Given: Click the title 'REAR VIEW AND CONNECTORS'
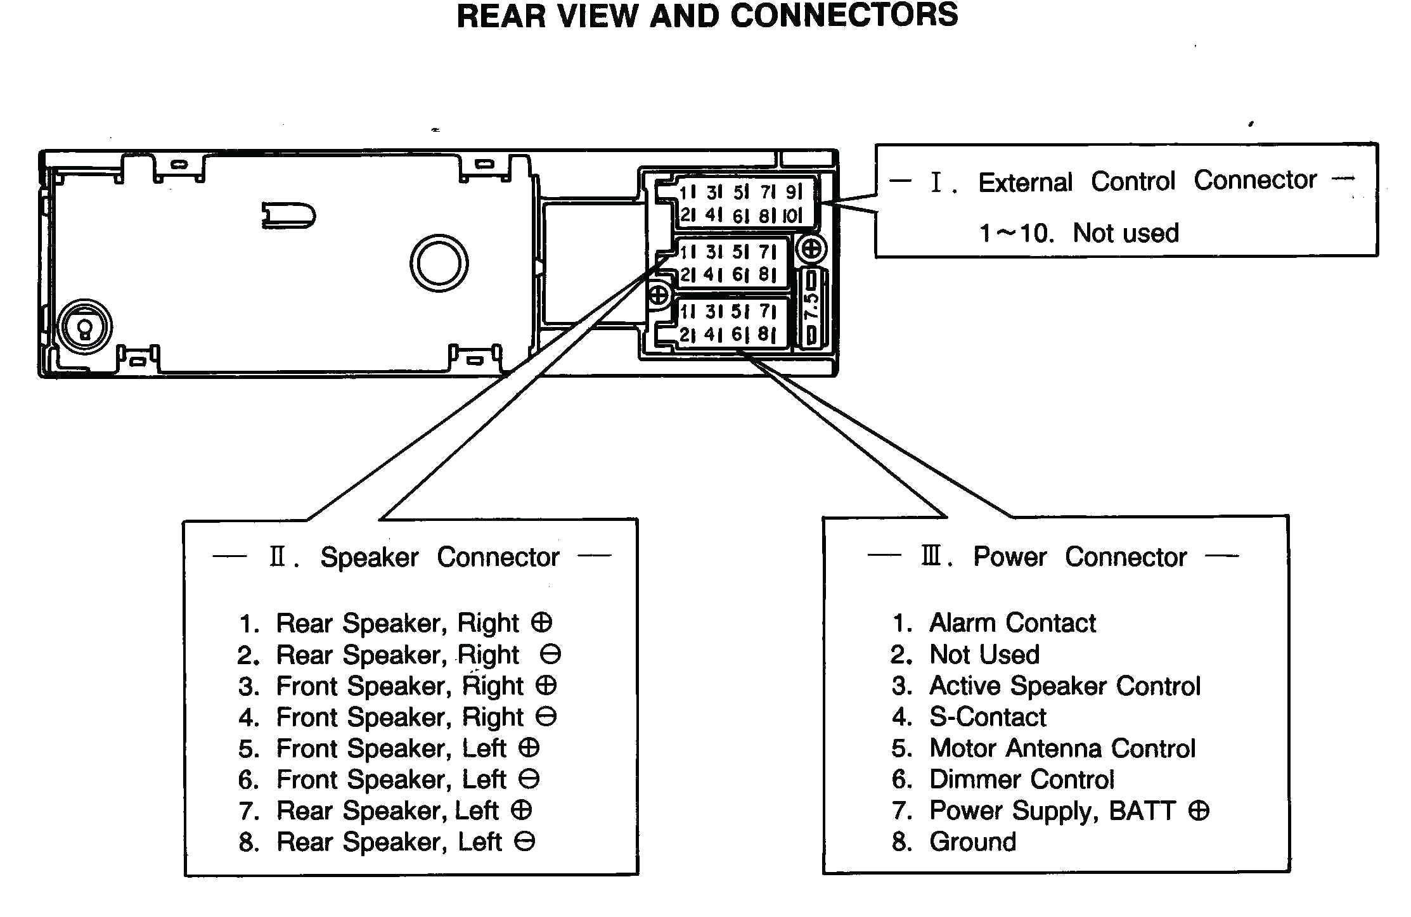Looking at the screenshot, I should pyautogui.click(x=707, y=16).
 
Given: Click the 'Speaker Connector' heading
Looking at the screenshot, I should pyautogui.click(x=439, y=557).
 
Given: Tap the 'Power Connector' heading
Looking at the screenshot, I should pyautogui.click(x=1079, y=557).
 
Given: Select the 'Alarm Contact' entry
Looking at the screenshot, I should pyautogui.click(x=1012, y=623).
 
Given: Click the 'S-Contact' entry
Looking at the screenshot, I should pyautogui.click(x=987, y=717).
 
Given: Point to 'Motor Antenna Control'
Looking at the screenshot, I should pyautogui.click(x=1062, y=748).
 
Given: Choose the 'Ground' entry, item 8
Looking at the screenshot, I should pyautogui.click(x=972, y=842).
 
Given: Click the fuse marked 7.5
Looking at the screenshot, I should pyautogui.click(x=811, y=307).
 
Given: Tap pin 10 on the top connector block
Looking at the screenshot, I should pyautogui.click(x=792, y=215).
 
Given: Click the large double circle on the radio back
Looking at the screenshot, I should pyautogui.click(x=439, y=263).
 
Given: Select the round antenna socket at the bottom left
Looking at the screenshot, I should pyautogui.click(x=84, y=327).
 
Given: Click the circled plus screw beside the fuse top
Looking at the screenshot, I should pyautogui.click(x=811, y=249).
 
